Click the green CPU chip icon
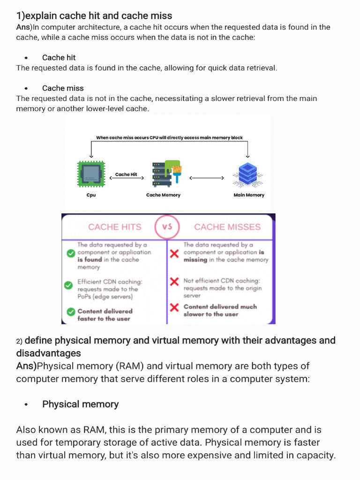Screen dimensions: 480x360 click(91, 175)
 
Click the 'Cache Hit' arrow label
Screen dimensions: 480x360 click(126, 174)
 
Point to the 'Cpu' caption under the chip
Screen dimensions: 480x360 click(91, 195)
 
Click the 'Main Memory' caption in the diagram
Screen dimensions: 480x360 click(249, 195)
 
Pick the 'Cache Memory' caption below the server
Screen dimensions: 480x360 click(163, 195)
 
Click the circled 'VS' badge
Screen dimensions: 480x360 click(167, 227)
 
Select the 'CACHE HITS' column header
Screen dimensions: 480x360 click(114, 227)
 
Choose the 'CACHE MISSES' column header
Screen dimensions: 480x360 click(227, 227)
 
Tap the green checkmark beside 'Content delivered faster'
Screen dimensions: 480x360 click(71, 312)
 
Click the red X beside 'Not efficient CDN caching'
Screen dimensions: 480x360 click(174, 281)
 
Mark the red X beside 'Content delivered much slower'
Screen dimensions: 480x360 click(174, 307)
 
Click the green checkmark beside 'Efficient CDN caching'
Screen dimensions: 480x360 click(69, 284)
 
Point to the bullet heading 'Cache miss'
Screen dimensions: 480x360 click(63, 88)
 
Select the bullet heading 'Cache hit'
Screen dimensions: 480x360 click(59, 58)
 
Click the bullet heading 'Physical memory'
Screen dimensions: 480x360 click(80, 404)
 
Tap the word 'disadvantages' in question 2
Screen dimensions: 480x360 click(48, 353)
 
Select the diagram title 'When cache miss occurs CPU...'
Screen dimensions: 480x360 click(169, 138)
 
